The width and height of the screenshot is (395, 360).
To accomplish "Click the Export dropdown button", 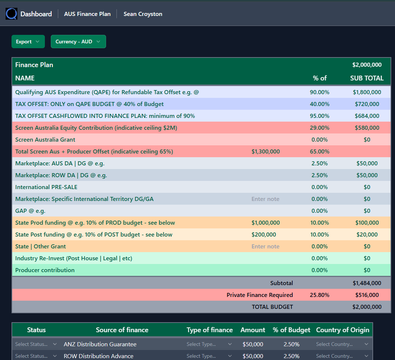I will (x=28, y=42).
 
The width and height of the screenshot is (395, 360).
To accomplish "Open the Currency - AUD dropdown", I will (x=78, y=42).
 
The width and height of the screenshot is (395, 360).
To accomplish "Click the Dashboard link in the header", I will (x=36, y=14).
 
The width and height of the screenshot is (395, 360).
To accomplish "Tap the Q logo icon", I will (x=11, y=14).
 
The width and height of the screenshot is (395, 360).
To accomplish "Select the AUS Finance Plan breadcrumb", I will (x=87, y=14).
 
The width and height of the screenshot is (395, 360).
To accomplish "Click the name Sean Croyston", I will (x=143, y=14).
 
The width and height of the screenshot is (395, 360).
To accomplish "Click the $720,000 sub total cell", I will (x=367, y=104).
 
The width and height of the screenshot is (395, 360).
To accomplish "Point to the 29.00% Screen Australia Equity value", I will (x=319, y=128).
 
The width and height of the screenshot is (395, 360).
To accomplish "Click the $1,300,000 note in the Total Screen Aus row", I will (x=266, y=152).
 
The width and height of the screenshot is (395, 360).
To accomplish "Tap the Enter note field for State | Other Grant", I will (x=266, y=247).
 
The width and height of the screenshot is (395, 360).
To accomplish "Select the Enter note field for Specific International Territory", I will (x=266, y=199).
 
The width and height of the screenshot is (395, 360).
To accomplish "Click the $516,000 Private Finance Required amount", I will (x=367, y=295).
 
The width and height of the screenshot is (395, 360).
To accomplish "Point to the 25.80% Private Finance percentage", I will (x=319, y=295).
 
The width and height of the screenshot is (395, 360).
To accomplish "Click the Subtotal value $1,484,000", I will (x=367, y=283).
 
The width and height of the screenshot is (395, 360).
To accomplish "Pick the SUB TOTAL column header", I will (x=367, y=78).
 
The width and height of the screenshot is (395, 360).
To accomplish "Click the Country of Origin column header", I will (x=342, y=330).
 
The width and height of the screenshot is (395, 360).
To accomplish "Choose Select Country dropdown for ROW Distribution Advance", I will (x=342, y=356).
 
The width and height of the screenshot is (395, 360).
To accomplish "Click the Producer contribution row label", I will (x=45, y=270).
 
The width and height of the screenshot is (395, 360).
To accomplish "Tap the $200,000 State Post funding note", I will (x=264, y=235).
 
